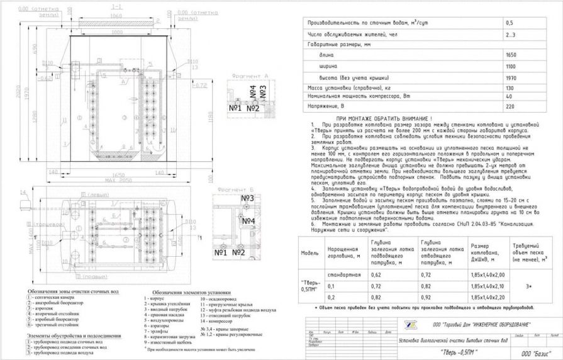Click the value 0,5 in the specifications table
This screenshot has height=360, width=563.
tap(510, 23)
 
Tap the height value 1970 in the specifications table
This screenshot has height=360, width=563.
tap(511, 78)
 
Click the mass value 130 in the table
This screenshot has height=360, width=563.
tap(510, 88)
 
